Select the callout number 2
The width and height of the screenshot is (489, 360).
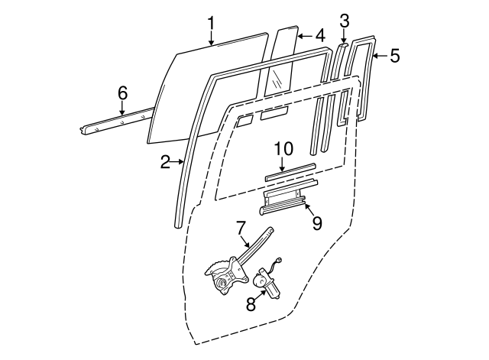pos(165,161)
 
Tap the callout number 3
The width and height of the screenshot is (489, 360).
pos(345,21)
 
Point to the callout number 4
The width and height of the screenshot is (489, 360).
pos(320,35)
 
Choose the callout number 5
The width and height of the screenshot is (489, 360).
pos(394,55)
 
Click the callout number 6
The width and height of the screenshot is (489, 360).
pos(122,93)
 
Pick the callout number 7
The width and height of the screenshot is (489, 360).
pos(240,227)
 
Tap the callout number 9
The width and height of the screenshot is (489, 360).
pos(316,222)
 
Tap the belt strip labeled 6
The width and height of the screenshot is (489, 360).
pos(115,122)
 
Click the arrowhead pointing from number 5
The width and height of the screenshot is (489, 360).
pos(374,55)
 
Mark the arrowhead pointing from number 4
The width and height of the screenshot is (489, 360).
pos(299,35)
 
